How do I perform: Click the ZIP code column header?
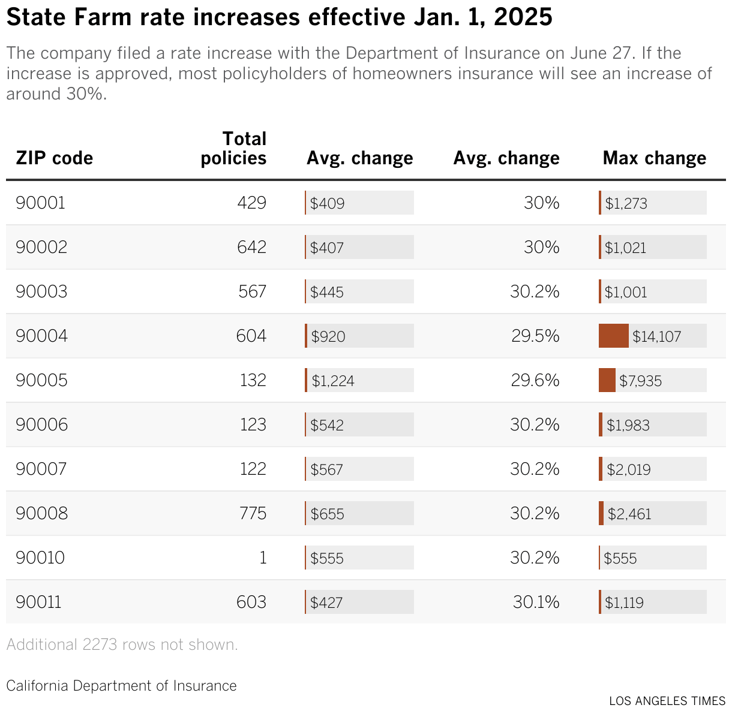54,158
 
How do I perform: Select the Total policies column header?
233,148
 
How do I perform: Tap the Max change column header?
654,158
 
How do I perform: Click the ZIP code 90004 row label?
41,336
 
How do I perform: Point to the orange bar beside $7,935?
607,381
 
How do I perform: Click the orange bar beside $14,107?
613,336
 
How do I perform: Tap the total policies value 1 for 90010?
262,558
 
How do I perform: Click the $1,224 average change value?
333,381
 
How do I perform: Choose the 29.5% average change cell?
535,336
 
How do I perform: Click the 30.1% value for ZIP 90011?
536,602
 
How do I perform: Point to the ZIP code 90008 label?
41,513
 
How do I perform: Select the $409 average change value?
327,203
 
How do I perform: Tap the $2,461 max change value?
629,514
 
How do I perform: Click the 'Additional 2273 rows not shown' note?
122,644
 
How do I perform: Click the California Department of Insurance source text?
121,685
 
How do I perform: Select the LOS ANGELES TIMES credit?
667,701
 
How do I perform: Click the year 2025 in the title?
523,18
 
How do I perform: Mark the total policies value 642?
251,247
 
